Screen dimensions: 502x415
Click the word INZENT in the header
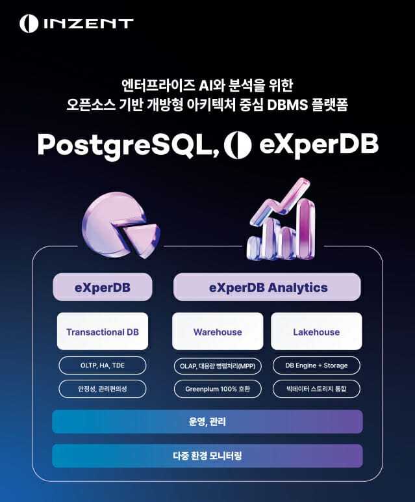(x=88, y=24)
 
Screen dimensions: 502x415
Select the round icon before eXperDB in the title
(x=237, y=145)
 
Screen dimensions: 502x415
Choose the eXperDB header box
(x=103, y=287)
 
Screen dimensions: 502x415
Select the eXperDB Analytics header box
(x=267, y=287)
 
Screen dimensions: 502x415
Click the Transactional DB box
(x=103, y=332)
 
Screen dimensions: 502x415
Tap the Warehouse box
(x=218, y=332)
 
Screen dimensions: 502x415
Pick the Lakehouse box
(x=316, y=332)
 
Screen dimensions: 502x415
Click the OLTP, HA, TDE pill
(x=103, y=365)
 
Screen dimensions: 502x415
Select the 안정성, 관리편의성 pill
(x=103, y=389)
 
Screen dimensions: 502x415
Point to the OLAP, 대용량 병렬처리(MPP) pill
(x=218, y=365)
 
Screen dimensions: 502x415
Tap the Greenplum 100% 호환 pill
(x=218, y=389)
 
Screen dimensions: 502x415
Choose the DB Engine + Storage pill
(x=316, y=365)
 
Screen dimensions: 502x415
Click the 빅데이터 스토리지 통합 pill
(x=316, y=389)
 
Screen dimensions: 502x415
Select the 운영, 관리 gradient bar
(x=207, y=421)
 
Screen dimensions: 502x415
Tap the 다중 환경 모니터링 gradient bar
(x=207, y=456)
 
